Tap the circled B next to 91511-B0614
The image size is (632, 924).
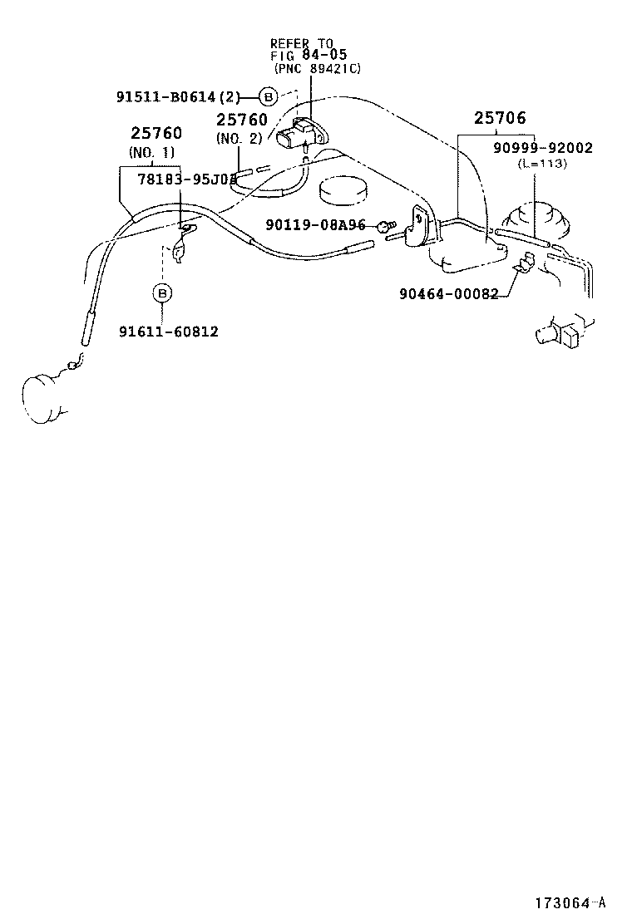(268, 96)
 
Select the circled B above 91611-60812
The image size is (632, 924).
(162, 292)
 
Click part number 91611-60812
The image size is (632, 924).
(168, 332)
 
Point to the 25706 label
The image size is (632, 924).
(500, 119)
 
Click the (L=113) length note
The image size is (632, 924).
(541, 164)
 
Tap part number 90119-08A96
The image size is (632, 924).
(316, 224)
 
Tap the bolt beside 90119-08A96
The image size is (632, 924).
(383, 225)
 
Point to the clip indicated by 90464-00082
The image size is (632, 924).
(523, 265)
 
